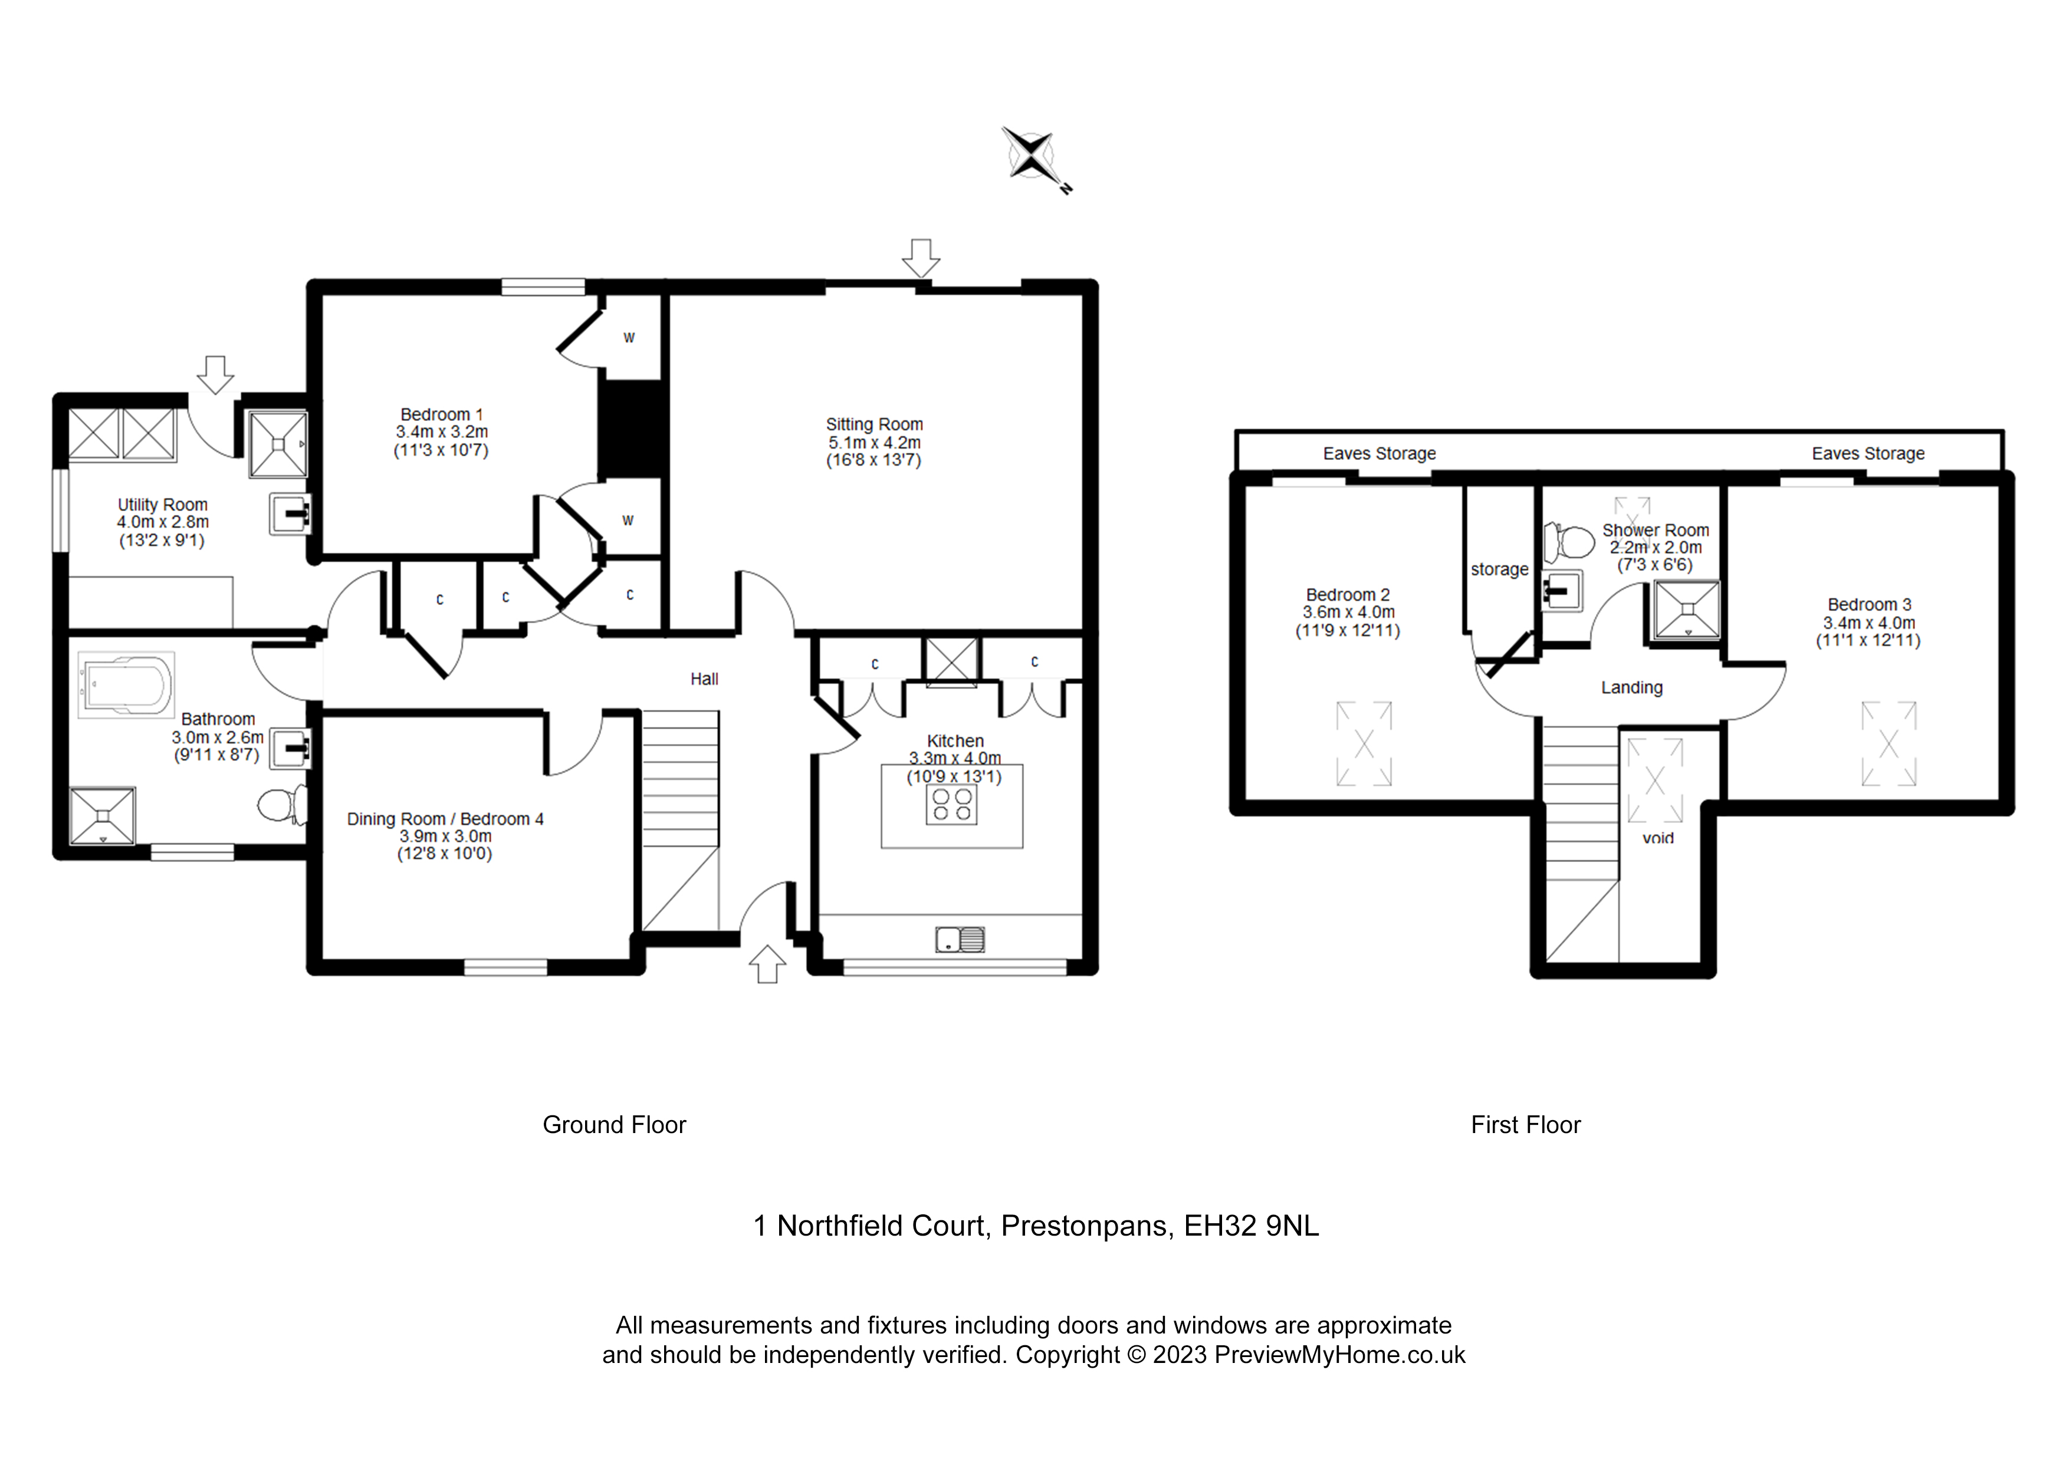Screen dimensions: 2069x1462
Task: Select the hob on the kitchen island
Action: click(951, 805)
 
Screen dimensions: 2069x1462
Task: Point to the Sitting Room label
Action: click(874, 424)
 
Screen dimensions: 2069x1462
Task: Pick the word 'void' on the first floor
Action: click(1658, 838)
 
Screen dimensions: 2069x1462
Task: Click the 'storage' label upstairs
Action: click(1499, 569)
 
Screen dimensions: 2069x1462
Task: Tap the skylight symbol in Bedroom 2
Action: click(1364, 744)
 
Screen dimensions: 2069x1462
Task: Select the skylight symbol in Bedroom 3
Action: click(1889, 744)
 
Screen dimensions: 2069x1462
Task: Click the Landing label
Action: click(1632, 687)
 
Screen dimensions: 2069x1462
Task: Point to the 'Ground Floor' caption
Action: click(615, 1125)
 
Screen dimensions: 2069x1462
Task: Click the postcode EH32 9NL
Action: click(1252, 1226)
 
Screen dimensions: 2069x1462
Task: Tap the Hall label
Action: click(705, 679)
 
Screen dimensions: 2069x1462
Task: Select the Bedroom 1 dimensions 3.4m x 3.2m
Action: click(442, 432)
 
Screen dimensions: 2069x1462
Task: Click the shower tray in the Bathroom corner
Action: click(103, 816)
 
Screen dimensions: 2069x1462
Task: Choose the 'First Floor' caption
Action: click(1526, 1125)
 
